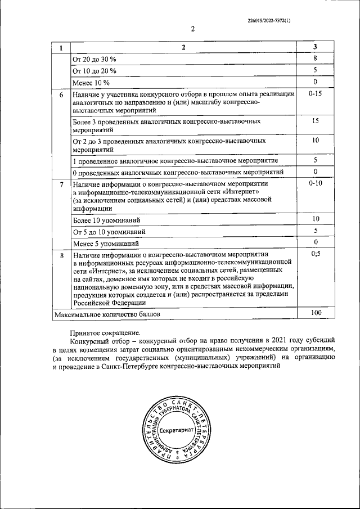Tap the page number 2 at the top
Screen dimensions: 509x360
192,29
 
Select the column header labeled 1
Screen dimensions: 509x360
61,48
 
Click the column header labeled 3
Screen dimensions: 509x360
316,47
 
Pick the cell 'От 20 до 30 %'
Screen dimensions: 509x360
94,59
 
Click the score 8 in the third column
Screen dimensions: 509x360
316,58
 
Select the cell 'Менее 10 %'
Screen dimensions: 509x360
91,83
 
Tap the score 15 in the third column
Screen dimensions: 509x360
316,121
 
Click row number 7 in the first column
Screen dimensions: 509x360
61,184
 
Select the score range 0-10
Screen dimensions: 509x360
316,183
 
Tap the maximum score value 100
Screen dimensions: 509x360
316,312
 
